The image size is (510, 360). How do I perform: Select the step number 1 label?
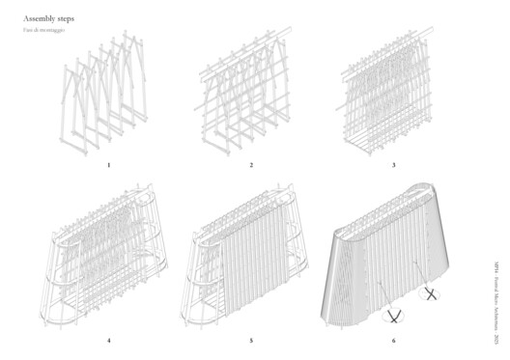pos(109,165)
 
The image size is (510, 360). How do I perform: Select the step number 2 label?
pos(251,165)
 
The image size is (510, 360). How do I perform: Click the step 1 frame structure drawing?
pos(106,101)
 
